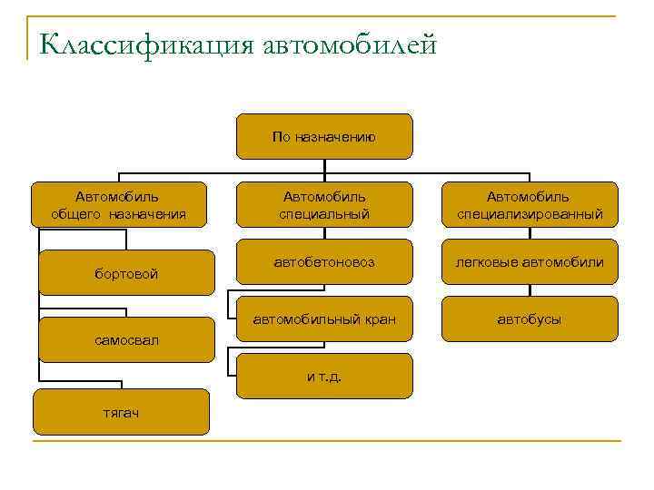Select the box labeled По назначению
pyautogui.click(x=324, y=137)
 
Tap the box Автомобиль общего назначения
pyautogui.click(x=119, y=205)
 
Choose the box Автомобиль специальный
pyautogui.click(x=324, y=205)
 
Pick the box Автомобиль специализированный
pyautogui.click(x=529, y=205)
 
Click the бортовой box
pyautogui.click(x=126, y=273)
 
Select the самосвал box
pyautogui.click(x=126, y=340)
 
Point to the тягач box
pyautogui.click(x=121, y=412)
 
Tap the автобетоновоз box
pyautogui.click(x=324, y=262)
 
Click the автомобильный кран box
pyautogui.click(x=324, y=319)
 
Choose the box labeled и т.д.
pyautogui.click(x=324, y=376)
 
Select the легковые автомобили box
pyautogui.click(x=529, y=262)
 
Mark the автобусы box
pyautogui.click(x=529, y=319)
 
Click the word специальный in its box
pyautogui.click(x=324, y=215)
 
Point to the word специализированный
pyautogui.click(x=529, y=215)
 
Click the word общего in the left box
pyautogui.click(x=79, y=215)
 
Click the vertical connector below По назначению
pyautogui.click(x=324, y=167)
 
